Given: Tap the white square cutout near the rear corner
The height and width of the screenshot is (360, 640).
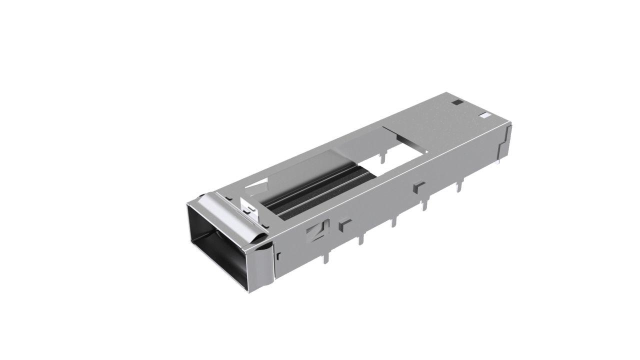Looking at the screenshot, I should [x=484, y=116].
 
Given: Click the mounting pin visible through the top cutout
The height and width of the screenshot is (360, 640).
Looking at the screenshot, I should [x=382, y=157].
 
